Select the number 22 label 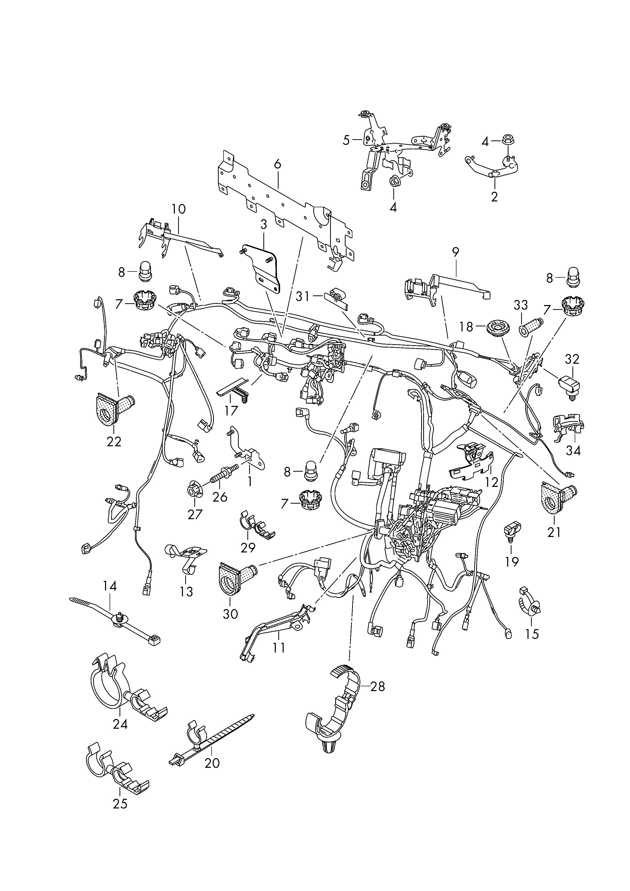coord(114,441)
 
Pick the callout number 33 coord(521,306)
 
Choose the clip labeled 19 coord(512,531)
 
